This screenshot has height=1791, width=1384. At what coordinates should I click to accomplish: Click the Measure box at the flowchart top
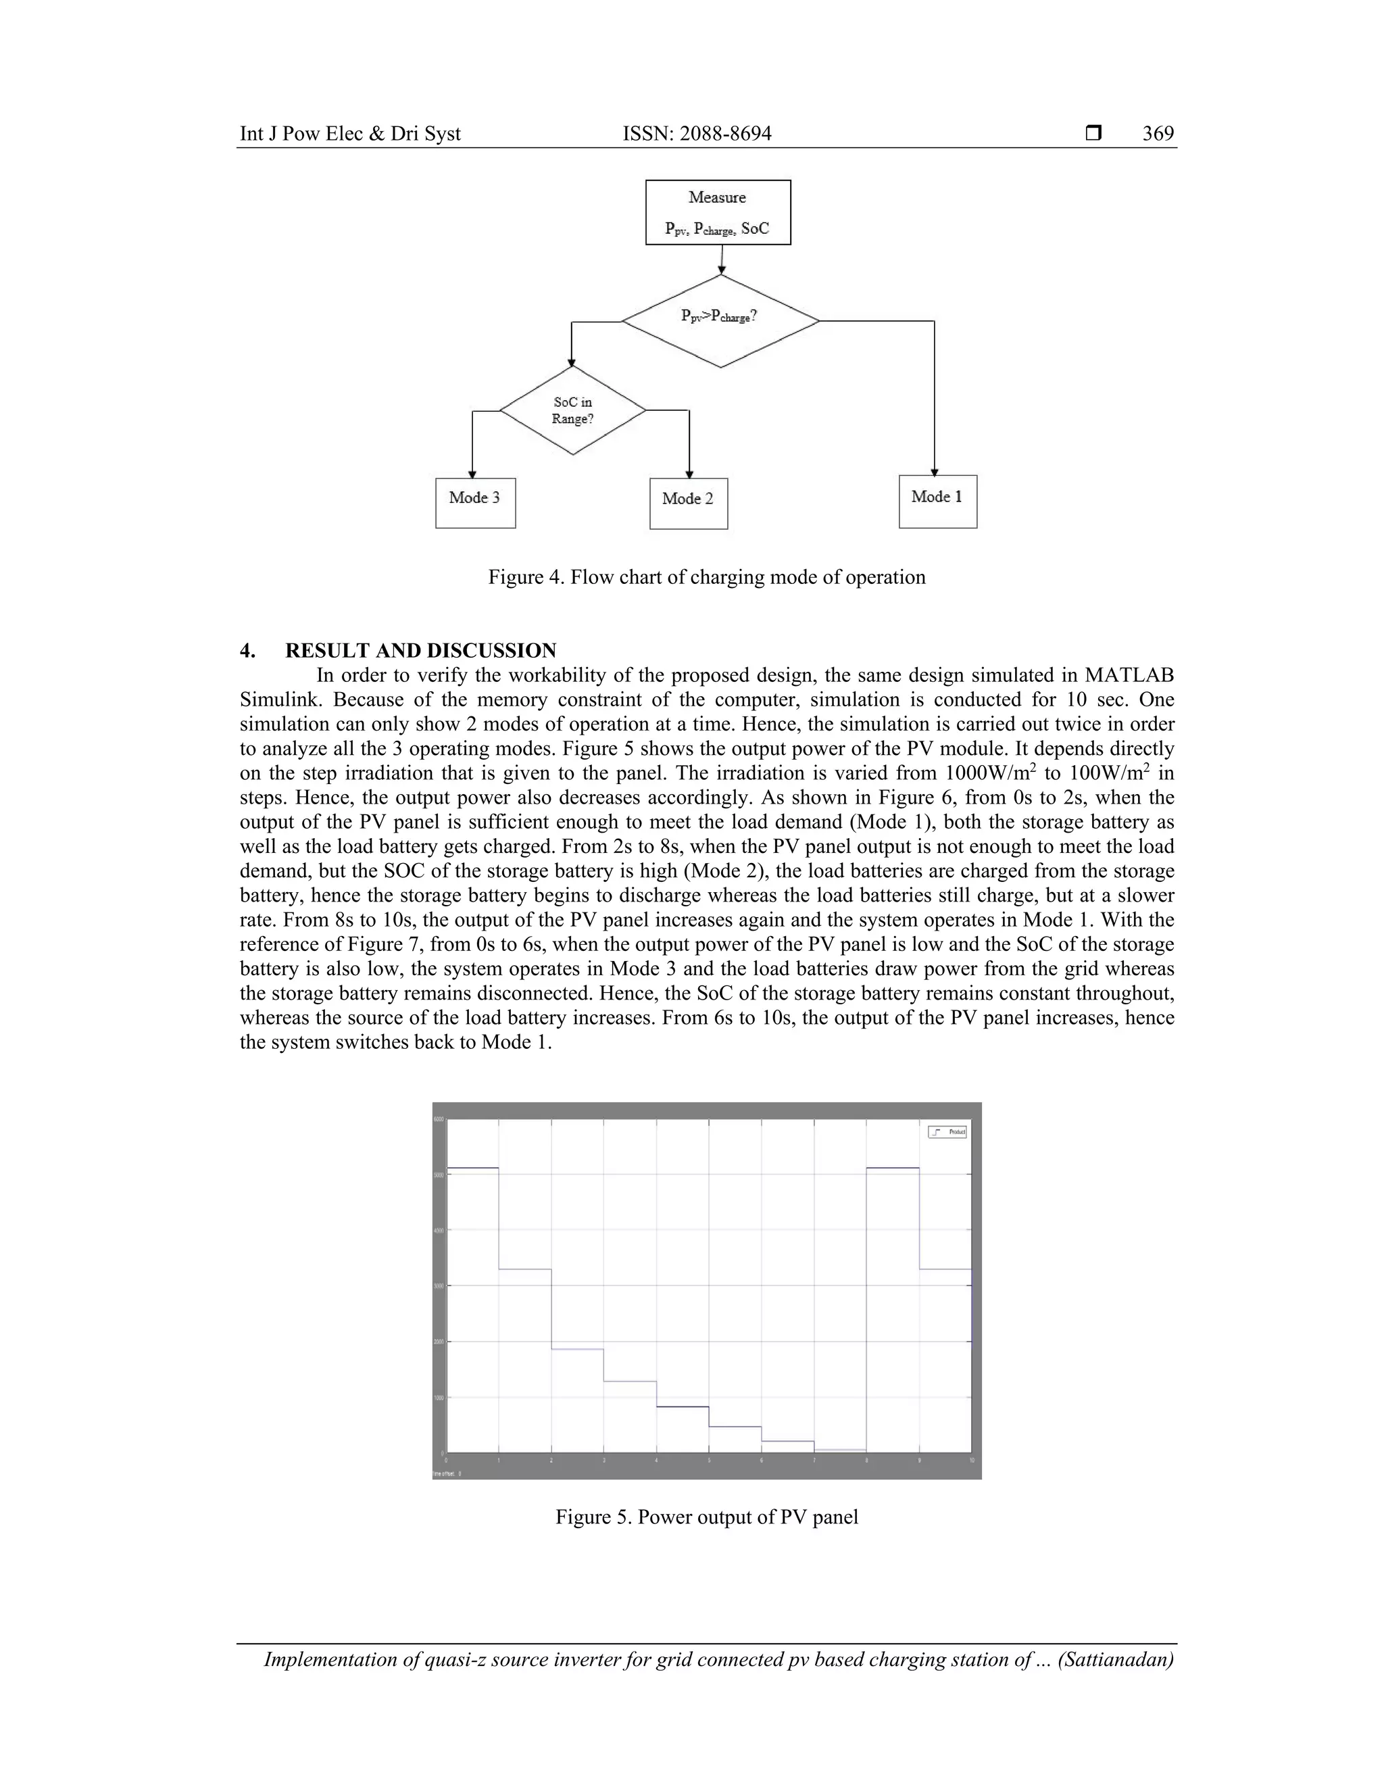(x=718, y=212)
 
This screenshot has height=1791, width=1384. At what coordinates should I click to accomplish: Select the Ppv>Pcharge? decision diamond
(x=720, y=320)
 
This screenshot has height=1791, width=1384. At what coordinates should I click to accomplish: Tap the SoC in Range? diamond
(x=572, y=410)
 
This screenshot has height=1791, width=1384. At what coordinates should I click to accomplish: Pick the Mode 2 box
(x=688, y=503)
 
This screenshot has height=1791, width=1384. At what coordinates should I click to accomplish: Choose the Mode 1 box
(x=937, y=501)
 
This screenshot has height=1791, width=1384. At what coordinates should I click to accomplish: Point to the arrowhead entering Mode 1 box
(x=934, y=472)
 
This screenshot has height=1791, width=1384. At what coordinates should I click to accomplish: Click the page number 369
(x=1158, y=134)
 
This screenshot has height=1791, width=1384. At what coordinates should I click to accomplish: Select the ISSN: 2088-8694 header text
(x=697, y=134)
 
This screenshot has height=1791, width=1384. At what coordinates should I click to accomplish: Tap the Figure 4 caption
(x=706, y=577)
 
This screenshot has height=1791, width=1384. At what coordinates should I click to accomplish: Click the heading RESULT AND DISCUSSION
(x=420, y=650)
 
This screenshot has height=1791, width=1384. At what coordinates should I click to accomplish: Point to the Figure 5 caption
(x=706, y=1517)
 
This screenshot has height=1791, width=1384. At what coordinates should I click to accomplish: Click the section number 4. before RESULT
(x=247, y=650)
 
